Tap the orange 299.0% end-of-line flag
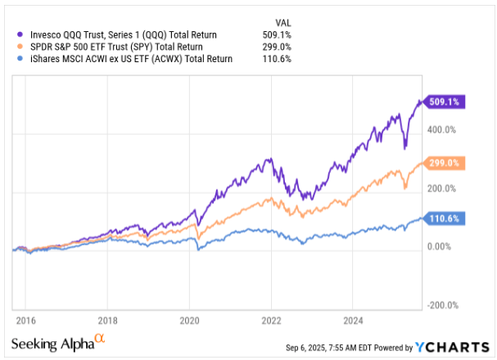pyautogui.click(x=442, y=164)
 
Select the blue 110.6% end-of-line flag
pyautogui.click(x=442, y=218)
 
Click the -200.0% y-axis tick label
pyautogui.click(x=441, y=305)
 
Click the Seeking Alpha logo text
pyautogui.click(x=52, y=343)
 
